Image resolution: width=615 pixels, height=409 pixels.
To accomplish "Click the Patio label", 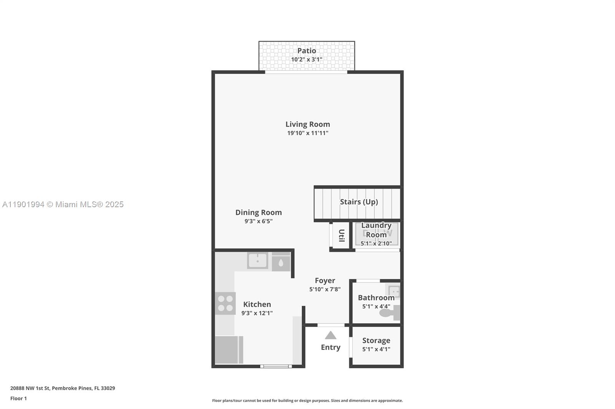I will pyautogui.click(x=306, y=51).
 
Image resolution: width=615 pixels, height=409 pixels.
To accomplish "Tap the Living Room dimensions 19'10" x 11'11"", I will pyautogui.click(x=307, y=133).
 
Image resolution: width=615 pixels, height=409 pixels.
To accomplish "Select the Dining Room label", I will pyautogui.click(x=258, y=212).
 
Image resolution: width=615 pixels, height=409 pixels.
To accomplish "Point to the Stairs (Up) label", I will pyautogui.click(x=359, y=202).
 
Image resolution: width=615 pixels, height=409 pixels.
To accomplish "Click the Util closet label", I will pyautogui.click(x=341, y=235).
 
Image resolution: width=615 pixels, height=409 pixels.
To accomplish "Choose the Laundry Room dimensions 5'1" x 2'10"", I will pyautogui.click(x=376, y=243).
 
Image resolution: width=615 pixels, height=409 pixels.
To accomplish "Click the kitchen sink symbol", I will pyautogui.click(x=257, y=261).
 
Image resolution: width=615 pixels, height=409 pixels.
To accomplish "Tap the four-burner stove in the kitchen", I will pyautogui.click(x=225, y=303).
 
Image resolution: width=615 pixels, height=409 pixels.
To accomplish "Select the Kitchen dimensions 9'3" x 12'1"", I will pyautogui.click(x=257, y=313).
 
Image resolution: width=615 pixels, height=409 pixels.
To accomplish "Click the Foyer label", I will pyautogui.click(x=325, y=280).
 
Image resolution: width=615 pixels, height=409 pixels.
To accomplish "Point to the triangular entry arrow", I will pyautogui.click(x=331, y=336).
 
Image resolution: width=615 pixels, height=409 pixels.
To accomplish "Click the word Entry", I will pyautogui.click(x=331, y=347).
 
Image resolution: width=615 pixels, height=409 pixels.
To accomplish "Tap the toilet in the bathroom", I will pyautogui.click(x=389, y=313).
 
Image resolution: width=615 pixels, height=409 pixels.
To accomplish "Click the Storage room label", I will pyautogui.click(x=376, y=340).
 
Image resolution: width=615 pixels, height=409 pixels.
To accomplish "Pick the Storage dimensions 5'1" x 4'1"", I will pyautogui.click(x=376, y=349).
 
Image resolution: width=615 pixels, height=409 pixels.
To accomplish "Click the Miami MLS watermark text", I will pyautogui.click(x=63, y=204).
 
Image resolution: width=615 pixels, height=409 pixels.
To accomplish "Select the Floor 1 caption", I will pyautogui.click(x=18, y=398).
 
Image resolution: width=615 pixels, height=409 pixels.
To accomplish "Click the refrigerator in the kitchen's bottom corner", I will pyautogui.click(x=228, y=350).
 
